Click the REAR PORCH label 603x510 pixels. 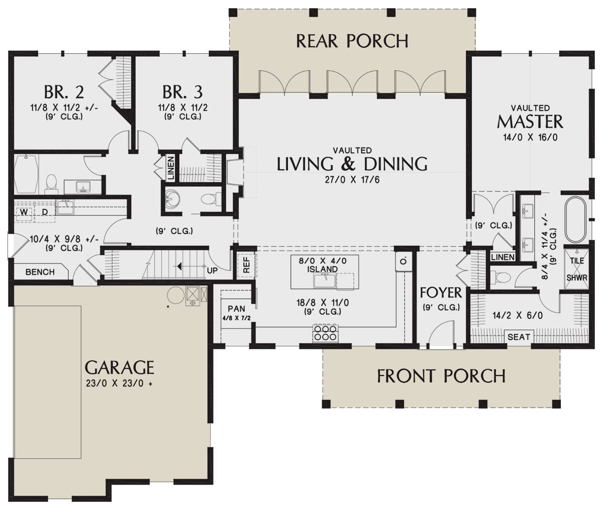tap(352, 41)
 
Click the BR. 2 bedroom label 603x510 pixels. tap(64, 91)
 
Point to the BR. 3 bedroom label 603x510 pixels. tap(182, 91)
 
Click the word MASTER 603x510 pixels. tap(530, 122)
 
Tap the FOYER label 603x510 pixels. tap(441, 292)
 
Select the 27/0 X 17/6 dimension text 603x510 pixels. tap(352, 180)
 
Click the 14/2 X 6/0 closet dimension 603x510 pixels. tap(518, 316)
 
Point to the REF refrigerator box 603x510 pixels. tap(247, 265)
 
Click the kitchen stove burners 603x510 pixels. tap(326, 333)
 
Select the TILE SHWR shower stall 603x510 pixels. tap(577, 269)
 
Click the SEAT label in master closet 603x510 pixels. tap(519, 337)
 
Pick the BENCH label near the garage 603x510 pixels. tap(40, 272)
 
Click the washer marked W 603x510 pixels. tap(25, 212)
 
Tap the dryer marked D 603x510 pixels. tap(45, 212)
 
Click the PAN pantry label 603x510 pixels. tap(236, 309)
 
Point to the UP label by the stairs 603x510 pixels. tap(212, 271)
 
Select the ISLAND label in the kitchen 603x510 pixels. tap(323, 269)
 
